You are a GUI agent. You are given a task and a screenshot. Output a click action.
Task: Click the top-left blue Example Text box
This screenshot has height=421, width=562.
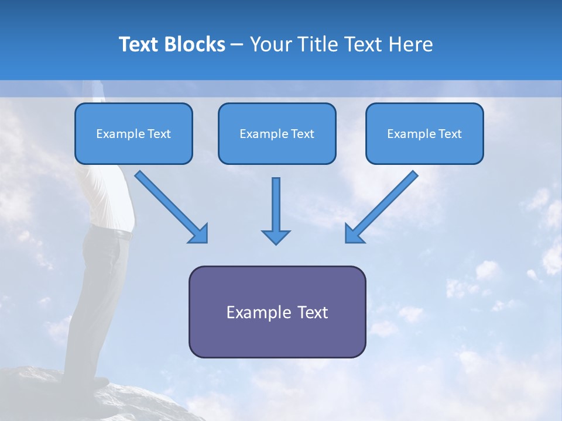[133, 133]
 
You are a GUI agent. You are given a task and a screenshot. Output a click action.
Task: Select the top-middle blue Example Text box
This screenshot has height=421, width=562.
[277, 133]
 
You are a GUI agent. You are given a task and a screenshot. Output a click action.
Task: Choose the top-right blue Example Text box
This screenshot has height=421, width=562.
[424, 133]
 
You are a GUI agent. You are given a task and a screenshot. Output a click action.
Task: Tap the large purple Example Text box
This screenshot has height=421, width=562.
[277, 312]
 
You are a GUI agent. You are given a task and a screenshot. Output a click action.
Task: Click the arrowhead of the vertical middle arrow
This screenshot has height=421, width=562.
[276, 237]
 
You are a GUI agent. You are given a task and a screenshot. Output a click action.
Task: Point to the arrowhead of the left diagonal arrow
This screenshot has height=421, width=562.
[199, 234]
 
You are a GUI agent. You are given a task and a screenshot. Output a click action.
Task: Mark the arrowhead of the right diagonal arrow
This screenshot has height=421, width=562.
[354, 234]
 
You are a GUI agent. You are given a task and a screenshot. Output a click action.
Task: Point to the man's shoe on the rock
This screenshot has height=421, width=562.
[97, 383]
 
